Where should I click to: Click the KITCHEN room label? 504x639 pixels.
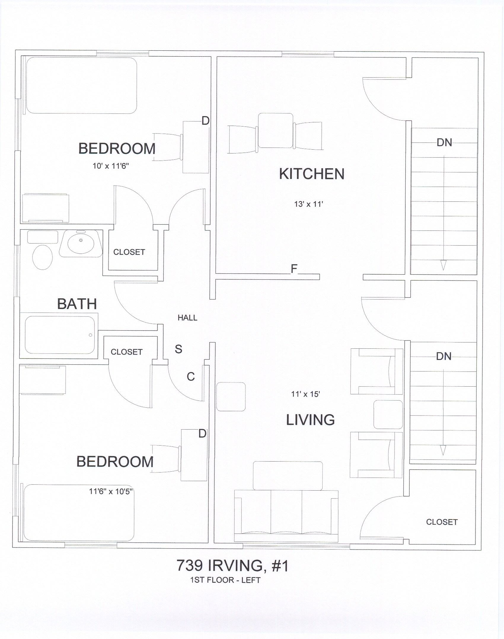coord(312,174)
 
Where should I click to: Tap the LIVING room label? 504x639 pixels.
coord(310,420)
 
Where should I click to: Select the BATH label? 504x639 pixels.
coord(77,304)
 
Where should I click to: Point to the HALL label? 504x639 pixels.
coord(187,318)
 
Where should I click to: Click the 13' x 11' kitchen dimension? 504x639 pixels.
coord(308,204)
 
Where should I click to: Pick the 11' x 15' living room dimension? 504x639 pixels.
coord(305,394)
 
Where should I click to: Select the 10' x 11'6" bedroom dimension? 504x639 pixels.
coord(111,166)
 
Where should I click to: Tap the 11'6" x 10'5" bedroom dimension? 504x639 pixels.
coord(111,491)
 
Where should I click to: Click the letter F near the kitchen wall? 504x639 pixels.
coord(294,269)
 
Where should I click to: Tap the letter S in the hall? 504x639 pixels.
coord(178,349)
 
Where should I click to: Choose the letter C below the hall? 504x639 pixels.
coord(191,377)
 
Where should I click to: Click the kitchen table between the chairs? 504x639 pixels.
coord(275,130)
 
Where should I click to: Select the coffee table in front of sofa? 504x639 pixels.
coord(287,476)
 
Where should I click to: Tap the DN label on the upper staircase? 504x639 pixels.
coord(444,143)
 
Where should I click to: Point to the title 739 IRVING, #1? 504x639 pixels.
coord(232,566)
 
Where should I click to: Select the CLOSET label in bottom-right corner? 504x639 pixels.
coord(442,522)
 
